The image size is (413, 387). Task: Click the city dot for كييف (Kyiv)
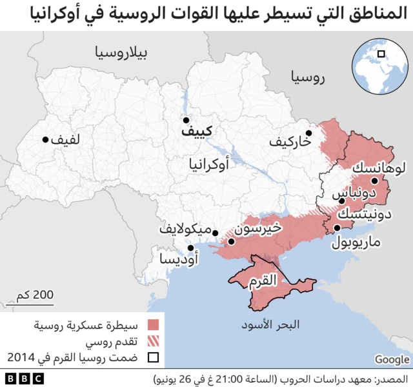pyautogui.click(x=186, y=120)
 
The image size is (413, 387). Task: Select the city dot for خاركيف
pyautogui.click(x=309, y=134)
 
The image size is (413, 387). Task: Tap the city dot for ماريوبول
pyautogui.click(x=337, y=228)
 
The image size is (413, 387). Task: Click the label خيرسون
pyautogui.click(x=257, y=228)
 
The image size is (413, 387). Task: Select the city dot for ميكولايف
pyautogui.click(x=216, y=234)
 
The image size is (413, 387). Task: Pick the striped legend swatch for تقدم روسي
pyautogui.click(x=153, y=341)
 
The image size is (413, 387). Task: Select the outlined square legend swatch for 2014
pyautogui.click(x=153, y=357)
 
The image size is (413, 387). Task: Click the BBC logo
pyautogui.click(x=23, y=378)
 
